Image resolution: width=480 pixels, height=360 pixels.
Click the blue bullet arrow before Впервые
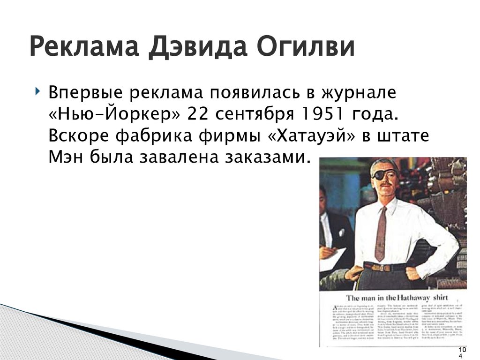pos(37,90)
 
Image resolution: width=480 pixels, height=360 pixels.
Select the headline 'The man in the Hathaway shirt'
pos(397,298)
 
